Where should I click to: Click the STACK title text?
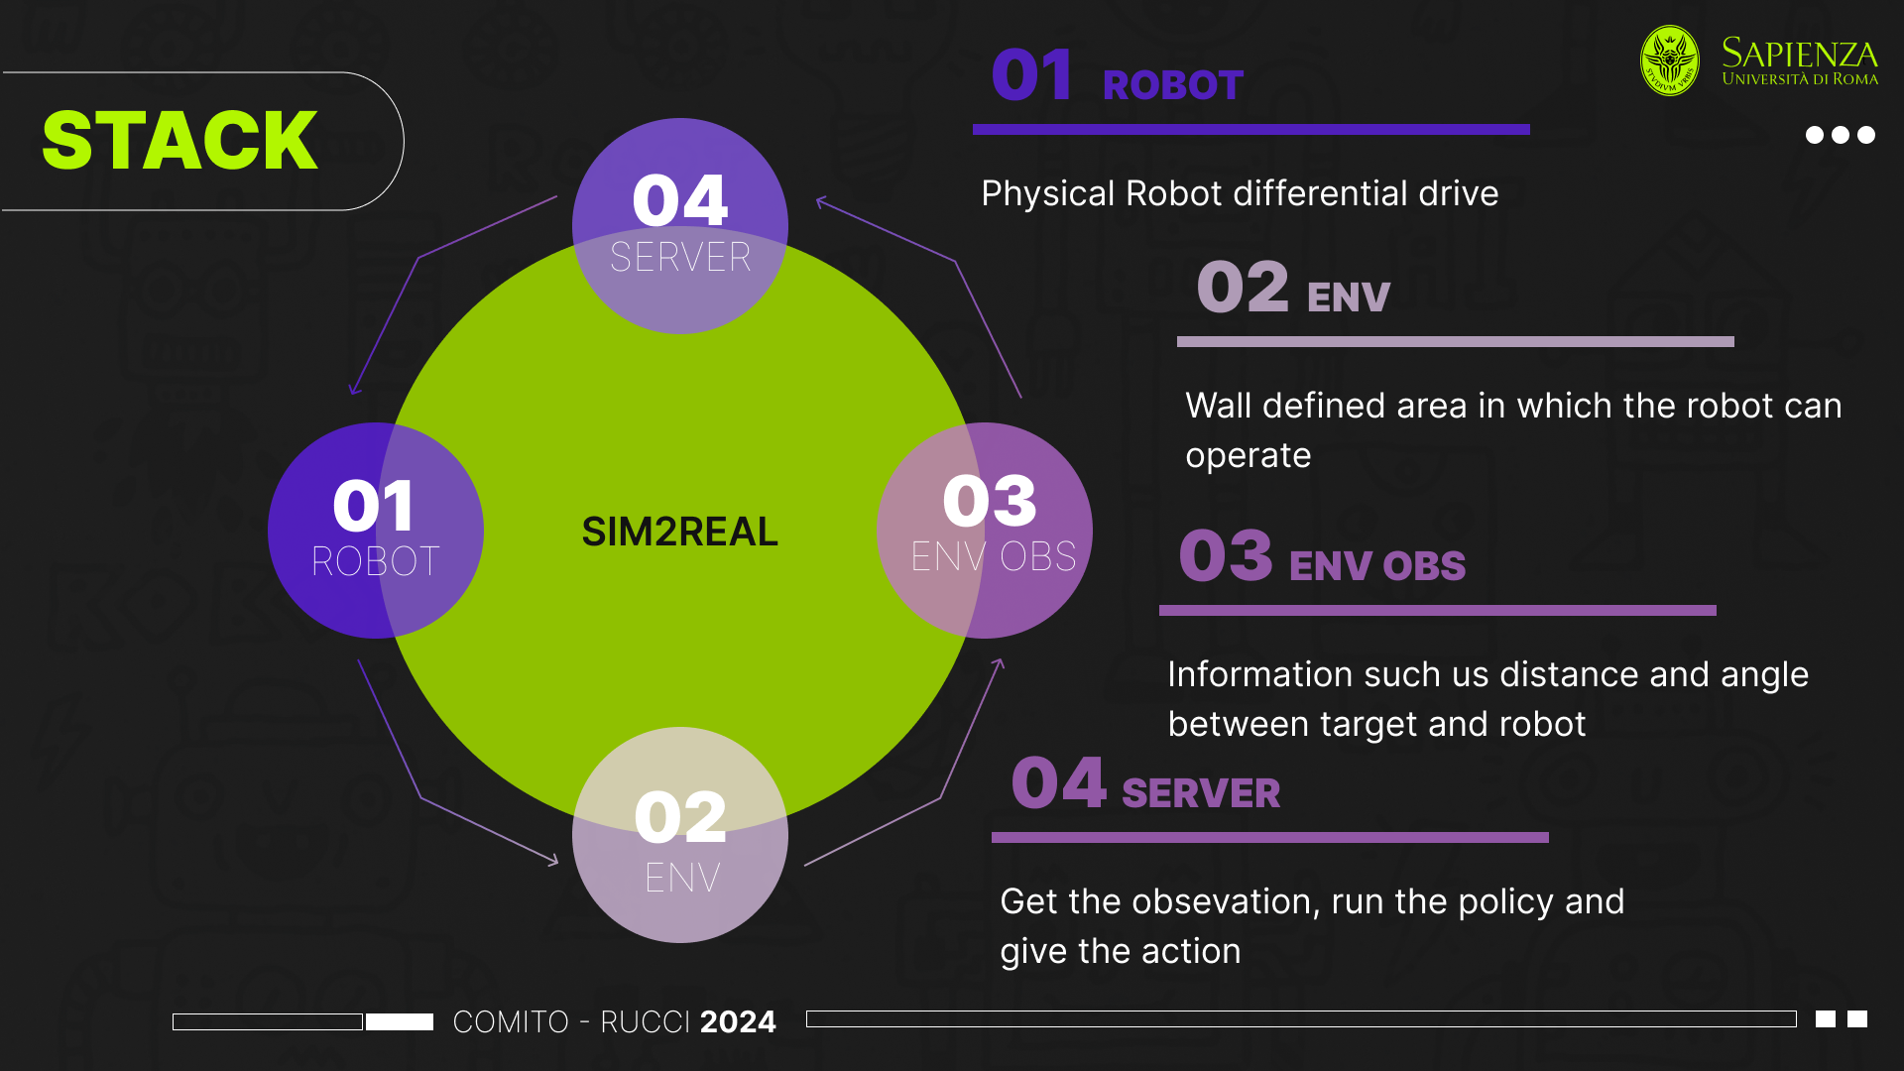pos(180,141)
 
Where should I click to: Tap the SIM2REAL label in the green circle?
pos(679,532)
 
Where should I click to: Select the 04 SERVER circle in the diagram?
pos(680,225)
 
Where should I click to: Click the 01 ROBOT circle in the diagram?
pos(375,531)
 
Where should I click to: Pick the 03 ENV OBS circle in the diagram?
pos(985,531)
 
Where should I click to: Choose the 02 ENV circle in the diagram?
pos(680,835)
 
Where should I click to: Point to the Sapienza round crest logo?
pos(1670,60)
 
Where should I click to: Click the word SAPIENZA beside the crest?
pos(1799,53)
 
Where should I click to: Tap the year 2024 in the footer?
pos(738,1021)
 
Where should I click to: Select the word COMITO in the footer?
pos(511,1021)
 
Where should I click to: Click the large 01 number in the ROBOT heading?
pos(1031,75)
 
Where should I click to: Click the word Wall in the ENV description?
pos(1218,406)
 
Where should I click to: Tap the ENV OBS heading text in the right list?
pos(1376,566)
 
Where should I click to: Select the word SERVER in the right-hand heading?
pos(1201,793)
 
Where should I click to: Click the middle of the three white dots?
pos(1841,135)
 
